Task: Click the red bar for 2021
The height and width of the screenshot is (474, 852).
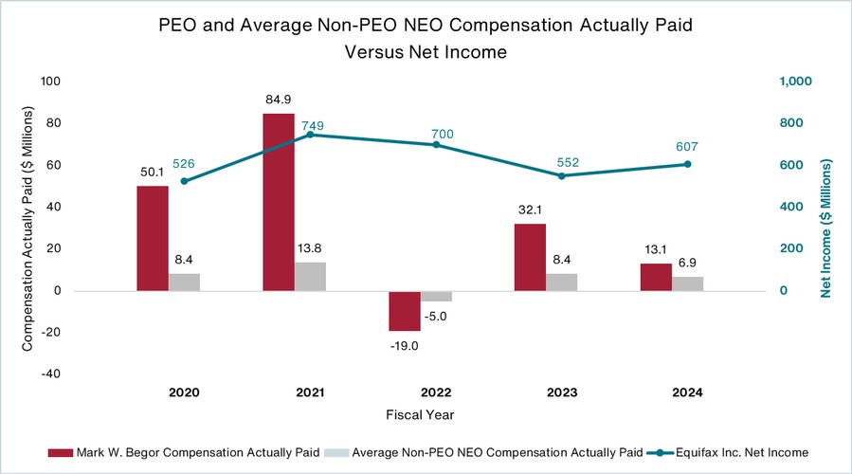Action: [x=279, y=202]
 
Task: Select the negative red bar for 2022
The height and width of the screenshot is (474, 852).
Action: [x=405, y=310]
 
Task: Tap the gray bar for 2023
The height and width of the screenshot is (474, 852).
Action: [x=561, y=282]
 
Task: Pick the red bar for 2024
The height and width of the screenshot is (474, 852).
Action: [x=656, y=277]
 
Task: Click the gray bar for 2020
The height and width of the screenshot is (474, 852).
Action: [x=184, y=282]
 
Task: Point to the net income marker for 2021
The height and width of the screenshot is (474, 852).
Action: [x=310, y=135]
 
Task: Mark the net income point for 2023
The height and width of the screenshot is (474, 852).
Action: [x=561, y=175]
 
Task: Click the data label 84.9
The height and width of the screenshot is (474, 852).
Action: [x=279, y=99]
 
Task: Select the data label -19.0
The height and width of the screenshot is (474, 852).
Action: [x=405, y=346]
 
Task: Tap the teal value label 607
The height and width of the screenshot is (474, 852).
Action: [x=687, y=147]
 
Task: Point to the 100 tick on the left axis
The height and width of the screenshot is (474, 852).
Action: [x=49, y=82]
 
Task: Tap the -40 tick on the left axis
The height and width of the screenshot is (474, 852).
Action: [x=49, y=374]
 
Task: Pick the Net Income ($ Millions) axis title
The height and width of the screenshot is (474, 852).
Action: [x=826, y=228]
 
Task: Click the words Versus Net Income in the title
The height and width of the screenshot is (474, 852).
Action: [x=426, y=53]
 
